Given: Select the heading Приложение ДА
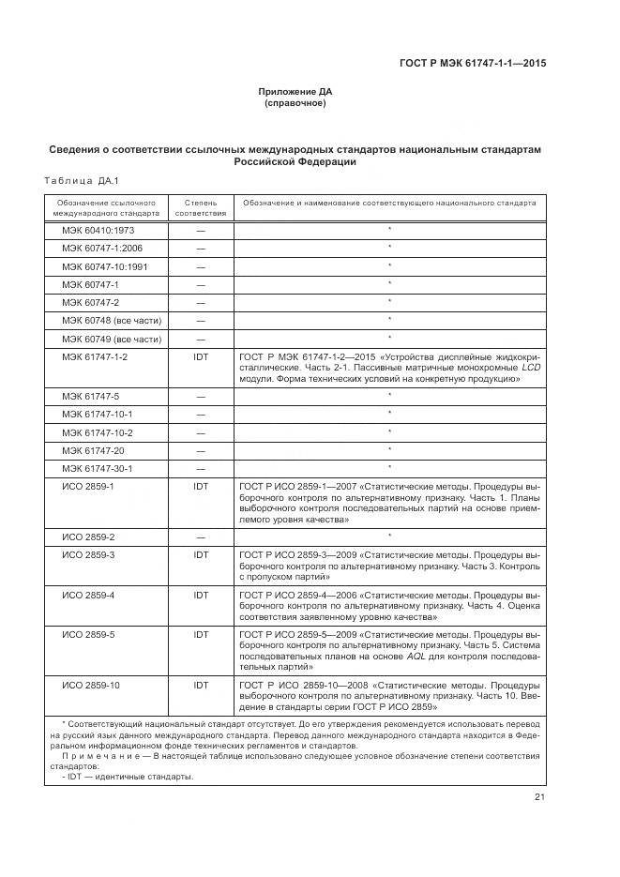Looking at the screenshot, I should click(295, 91).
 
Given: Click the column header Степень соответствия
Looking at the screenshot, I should click(201, 207).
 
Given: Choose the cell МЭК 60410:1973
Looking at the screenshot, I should click(98, 230).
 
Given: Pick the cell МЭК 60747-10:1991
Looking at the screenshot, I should click(104, 266).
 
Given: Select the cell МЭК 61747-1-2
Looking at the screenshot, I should click(95, 356).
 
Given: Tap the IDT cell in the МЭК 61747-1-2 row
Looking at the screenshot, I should click(201, 356).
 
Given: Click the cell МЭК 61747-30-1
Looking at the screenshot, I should click(98, 468).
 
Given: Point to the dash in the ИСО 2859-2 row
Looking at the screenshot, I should click(201, 537).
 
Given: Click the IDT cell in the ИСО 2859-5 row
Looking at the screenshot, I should click(201, 635).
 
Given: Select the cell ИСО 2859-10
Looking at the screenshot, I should click(91, 686).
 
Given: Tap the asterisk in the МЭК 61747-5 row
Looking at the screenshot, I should click(389, 395).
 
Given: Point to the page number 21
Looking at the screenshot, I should click(539, 797).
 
